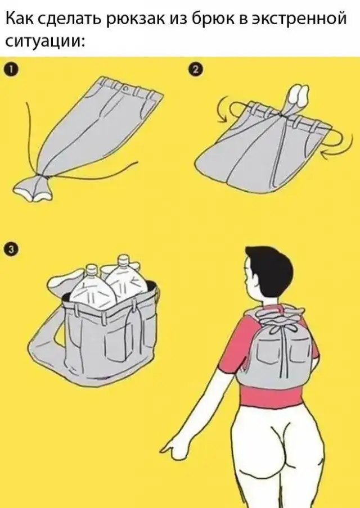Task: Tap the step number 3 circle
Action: point(10,249)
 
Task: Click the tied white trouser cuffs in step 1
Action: point(33,189)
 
